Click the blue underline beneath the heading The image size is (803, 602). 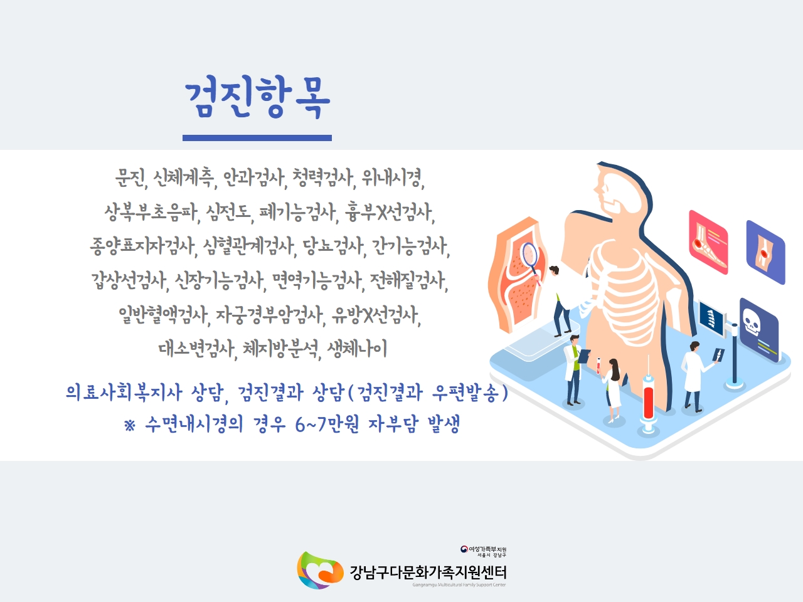click(x=257, y=138)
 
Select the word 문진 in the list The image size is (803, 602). click(x=131, y=178)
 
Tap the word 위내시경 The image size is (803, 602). click(x=393, y=178)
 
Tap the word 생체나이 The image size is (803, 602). click(x=357, y=349)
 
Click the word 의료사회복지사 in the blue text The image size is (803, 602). click(x=124, y=393)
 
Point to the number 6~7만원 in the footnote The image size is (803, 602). click(x=327, y=425)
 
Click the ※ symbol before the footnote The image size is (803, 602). click(x=130, y=425)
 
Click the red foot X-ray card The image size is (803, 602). click(x=708, y=242)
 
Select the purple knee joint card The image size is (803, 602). click(x=766, y=252)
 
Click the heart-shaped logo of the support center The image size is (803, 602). click(x=320, y=570)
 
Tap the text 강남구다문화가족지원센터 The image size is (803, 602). click(x=428, y=573)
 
